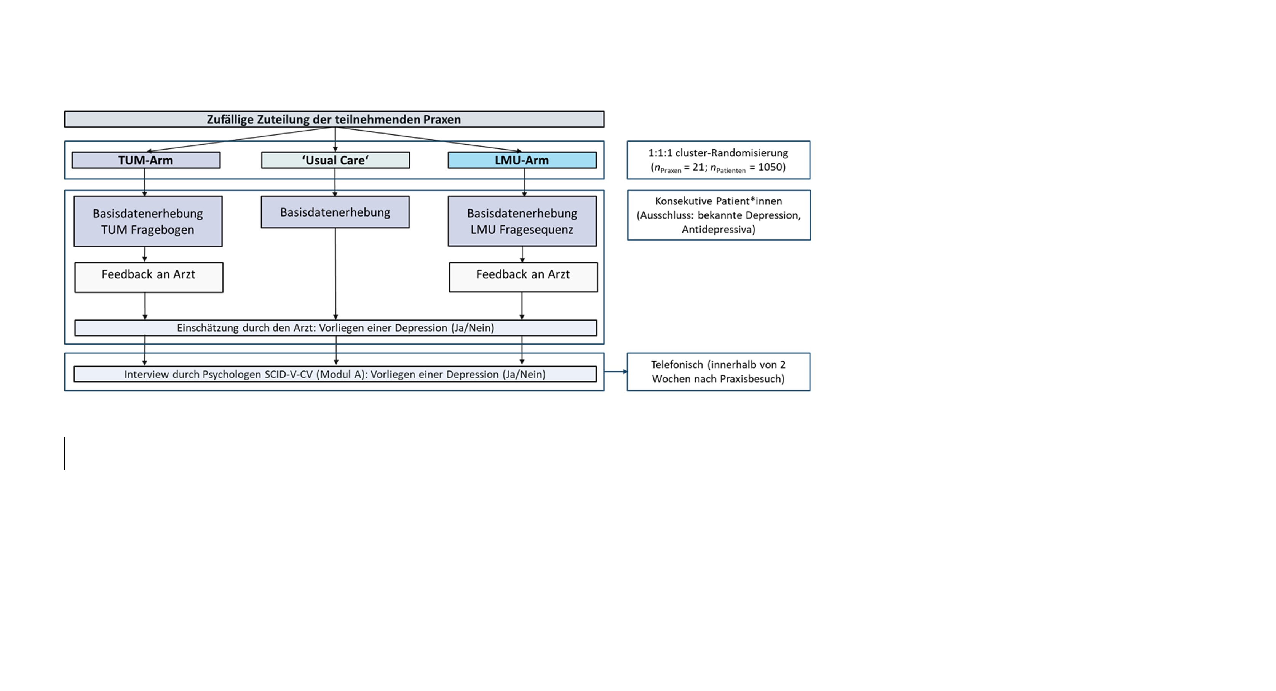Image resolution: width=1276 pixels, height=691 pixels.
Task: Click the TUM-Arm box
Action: pyautogui.click(x=146, y=160)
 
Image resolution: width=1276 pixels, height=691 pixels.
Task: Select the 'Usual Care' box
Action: pyautogui.click(x=335, y=160)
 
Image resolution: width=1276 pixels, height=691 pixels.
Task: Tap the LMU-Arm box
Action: pyautogui.click(x=522, y=160)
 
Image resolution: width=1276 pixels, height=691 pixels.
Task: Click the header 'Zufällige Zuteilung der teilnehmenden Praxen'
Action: pyautogui.click(x=334, y=120)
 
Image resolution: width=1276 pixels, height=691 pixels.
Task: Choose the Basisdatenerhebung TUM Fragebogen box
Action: pyautogui.click(x=148, y=222)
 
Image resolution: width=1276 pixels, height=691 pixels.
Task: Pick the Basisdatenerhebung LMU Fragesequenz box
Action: pyautogui.click(x=522, y=222)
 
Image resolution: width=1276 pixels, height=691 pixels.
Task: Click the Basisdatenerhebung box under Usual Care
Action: pyautogui.click(x=335, y=212)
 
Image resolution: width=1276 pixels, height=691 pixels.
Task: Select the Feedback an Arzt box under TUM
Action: pyautogui.click(x=149, y=278)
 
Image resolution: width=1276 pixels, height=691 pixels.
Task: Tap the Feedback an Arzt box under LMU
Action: pyautogui.click(x=523, y=278)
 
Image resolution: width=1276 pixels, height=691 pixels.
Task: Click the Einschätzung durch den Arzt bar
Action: pyautogui.click(x=336, y=328)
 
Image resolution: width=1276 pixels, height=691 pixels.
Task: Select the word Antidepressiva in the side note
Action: pyautogui.click(x=718, y=229)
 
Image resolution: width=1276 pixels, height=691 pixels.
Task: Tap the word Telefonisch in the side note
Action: pyautogui.click(x=677, y=365)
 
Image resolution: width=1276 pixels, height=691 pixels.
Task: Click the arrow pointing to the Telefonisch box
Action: pyautogui.click(x=616, y=372)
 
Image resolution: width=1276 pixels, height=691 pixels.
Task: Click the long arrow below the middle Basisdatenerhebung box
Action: pyautogui.click(x=335, y=274)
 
